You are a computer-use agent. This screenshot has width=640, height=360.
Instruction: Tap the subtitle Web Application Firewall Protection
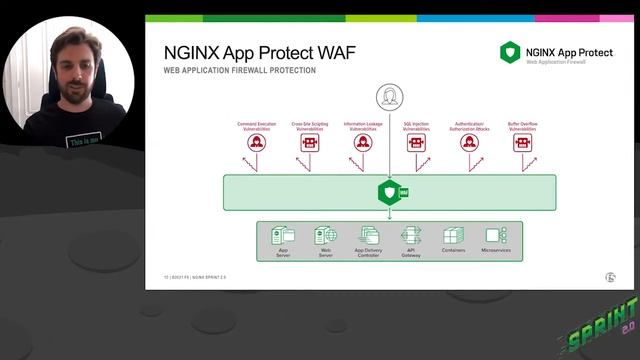[x=239, y=71]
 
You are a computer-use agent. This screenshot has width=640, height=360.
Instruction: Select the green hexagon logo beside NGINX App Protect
[x=510, y=52]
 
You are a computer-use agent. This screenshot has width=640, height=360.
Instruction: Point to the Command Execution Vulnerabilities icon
[x=256, y=143]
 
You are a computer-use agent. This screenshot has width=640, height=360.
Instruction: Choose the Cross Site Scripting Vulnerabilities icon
[x=309, y=143]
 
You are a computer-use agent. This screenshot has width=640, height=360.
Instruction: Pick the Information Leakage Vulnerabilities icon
[x=362, y=143]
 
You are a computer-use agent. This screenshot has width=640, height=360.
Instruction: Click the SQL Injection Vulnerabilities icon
[x=416, y=143]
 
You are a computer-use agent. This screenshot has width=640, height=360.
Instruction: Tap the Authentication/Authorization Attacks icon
[x=469, y=143]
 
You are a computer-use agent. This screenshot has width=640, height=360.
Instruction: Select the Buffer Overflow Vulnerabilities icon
[x=522, y=143]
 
